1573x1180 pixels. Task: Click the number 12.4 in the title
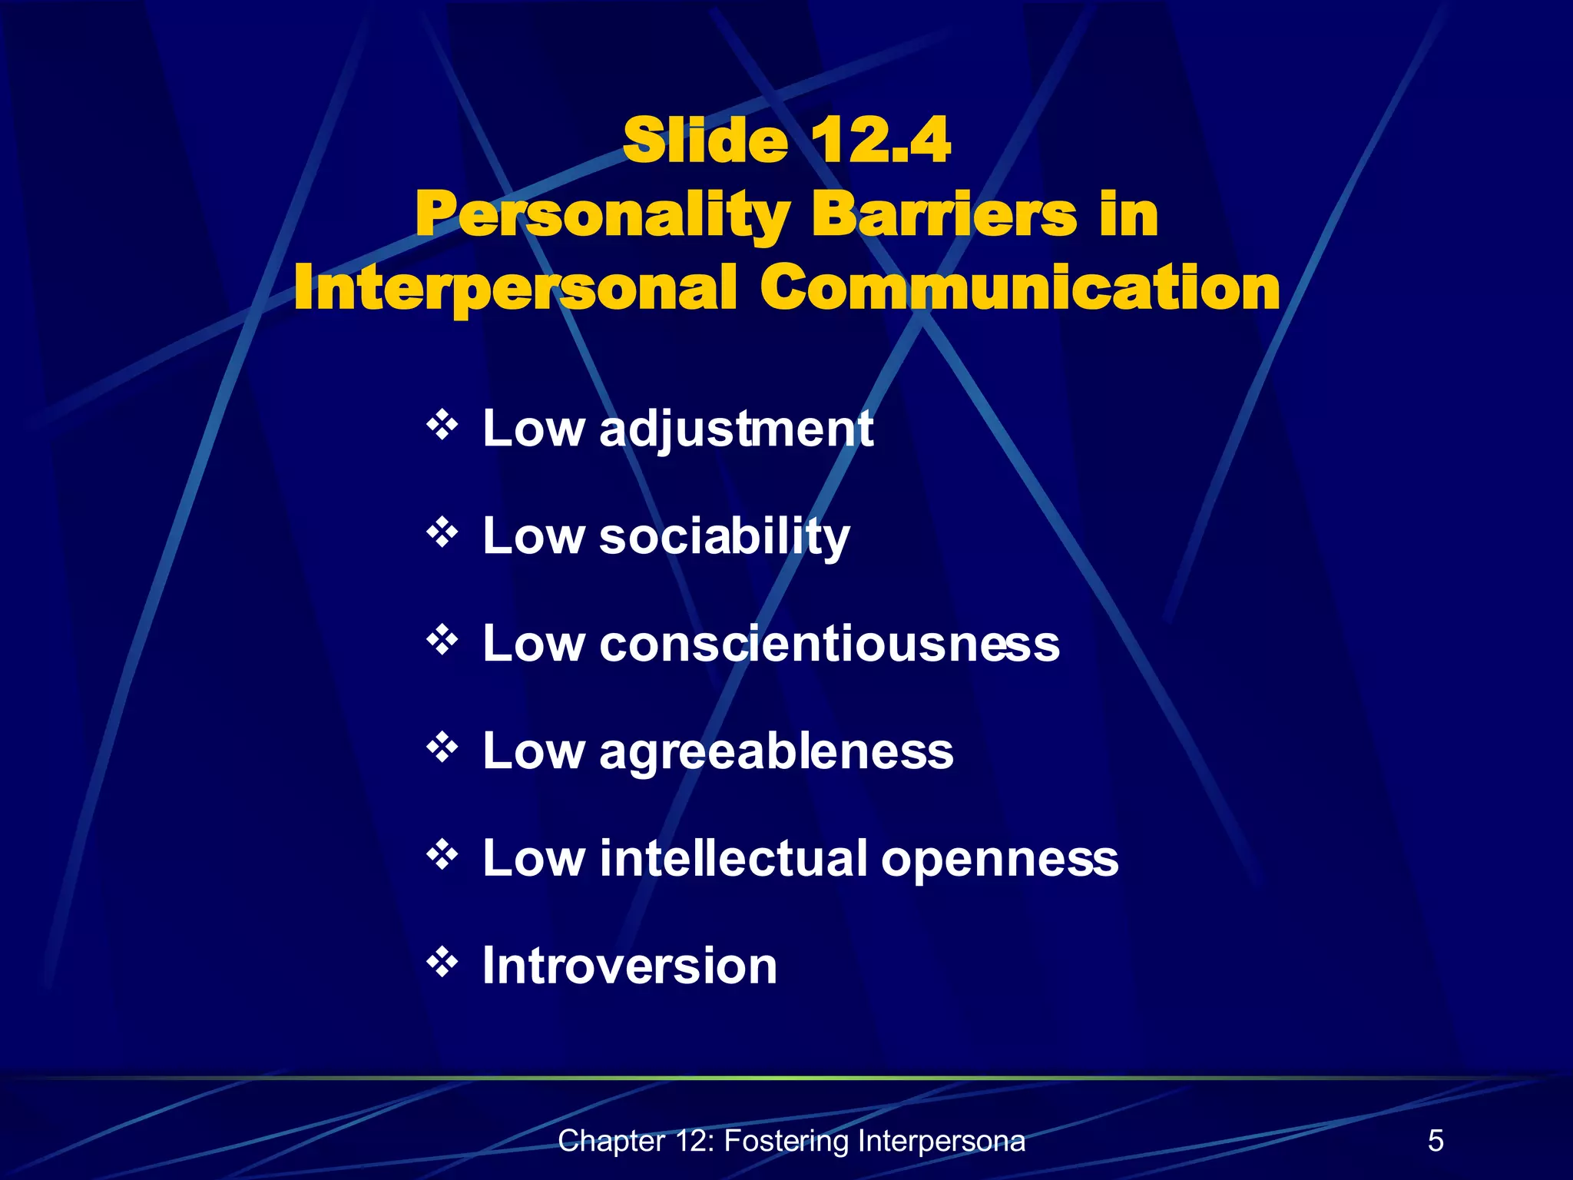[880, 141]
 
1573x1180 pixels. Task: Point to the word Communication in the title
[1020, 287]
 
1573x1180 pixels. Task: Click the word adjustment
[736, 429]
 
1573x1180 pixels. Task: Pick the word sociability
[724, 536]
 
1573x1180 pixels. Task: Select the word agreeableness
[776, 751]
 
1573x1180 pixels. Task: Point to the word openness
[999, 860]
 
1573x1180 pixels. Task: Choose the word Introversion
[630, 966]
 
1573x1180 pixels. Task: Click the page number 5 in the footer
[1436, 1141]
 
